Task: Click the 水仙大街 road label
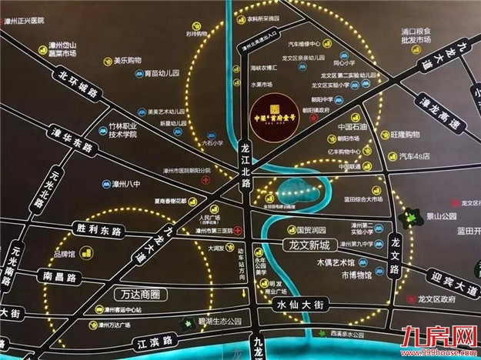(305, 306)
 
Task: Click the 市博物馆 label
(352, 275)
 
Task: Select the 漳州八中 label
(123, 185)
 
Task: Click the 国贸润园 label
(314, 229)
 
